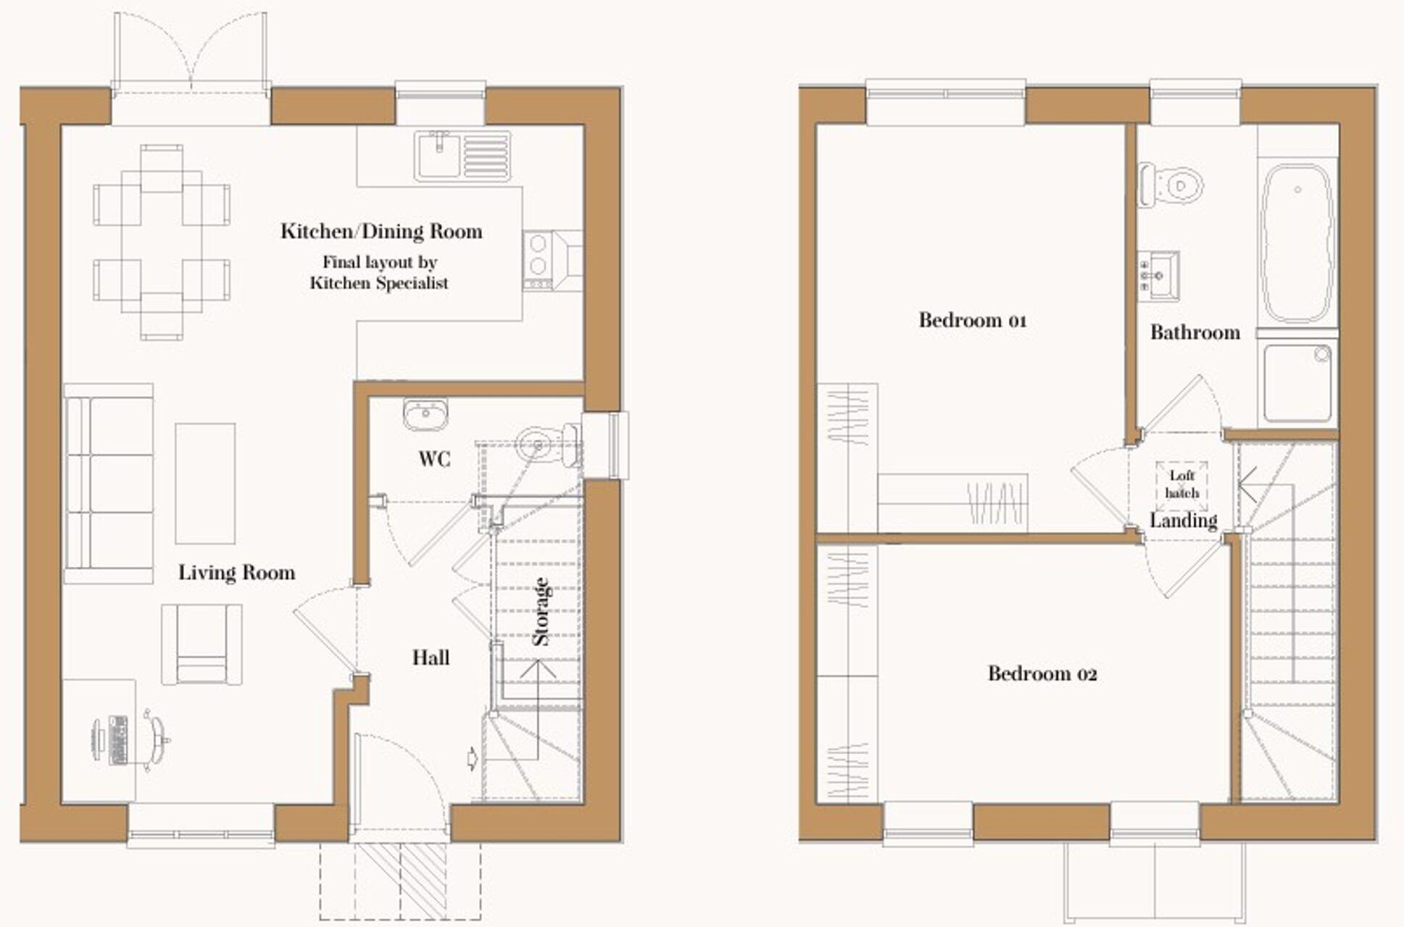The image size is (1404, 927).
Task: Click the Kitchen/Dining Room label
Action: [x=381, y=232]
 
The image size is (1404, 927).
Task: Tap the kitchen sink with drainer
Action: [x=462, y=155]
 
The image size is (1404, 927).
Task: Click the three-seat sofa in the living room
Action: [x=109, y=483]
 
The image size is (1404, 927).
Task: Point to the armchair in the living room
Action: [x=202, y=645]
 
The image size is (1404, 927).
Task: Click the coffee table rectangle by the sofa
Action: [x=205, y=483]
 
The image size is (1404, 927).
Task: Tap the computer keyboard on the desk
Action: [x=118, y=740]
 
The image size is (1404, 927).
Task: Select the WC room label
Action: [x=433, y=459]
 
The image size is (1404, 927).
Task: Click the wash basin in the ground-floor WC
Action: [x=425, y=415]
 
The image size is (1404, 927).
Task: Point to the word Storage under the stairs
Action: [x=541, y=611]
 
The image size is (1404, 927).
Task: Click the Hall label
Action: [x=431, y=658]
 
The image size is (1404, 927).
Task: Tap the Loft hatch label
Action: [x=1181, y=484]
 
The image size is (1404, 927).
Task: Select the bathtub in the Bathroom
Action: [x=1297, y=243]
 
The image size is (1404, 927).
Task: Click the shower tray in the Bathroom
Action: [x=1297, y=383]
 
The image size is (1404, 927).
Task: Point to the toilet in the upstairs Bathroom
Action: [x=1172, y=185]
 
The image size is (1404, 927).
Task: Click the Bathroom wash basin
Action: [x=1159, y=276]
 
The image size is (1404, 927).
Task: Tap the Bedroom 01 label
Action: [x=972, y=320]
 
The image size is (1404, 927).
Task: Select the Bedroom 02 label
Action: [x=1042, y=674]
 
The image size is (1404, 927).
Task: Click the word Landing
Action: [x=1183, y=521]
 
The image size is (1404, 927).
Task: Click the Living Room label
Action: [x=236, y=573]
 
